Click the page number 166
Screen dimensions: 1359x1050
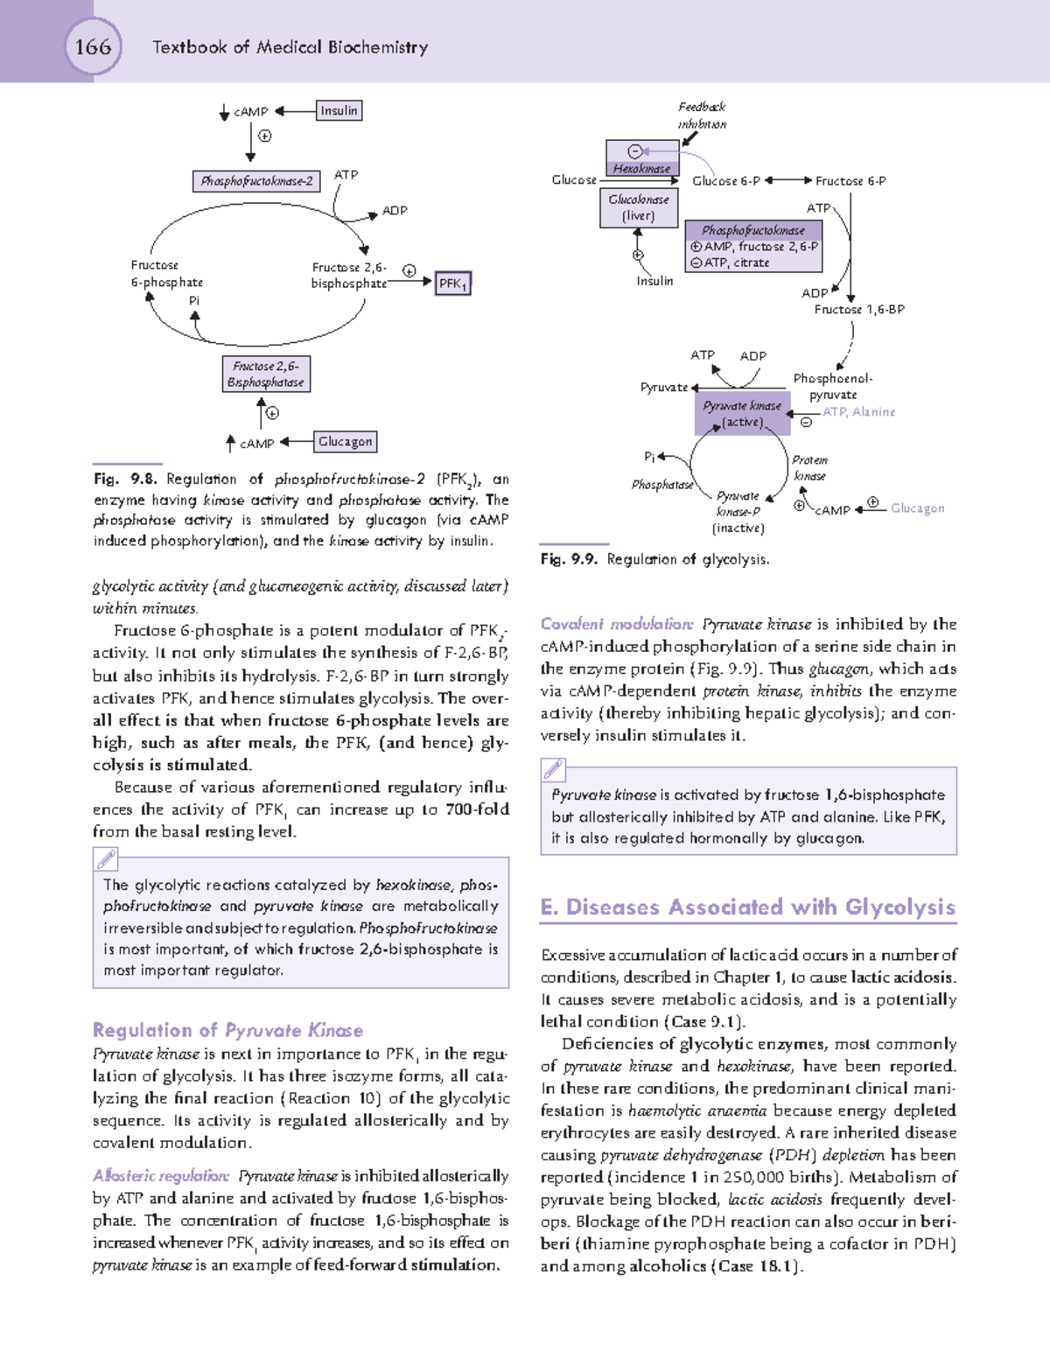coord(93,46)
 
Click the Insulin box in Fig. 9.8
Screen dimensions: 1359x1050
coord(339,111)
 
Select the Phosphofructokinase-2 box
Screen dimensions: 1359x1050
coord(256,181)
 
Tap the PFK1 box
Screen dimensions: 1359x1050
coord(452,284)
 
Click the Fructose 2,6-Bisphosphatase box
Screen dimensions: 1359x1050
coord(266,375)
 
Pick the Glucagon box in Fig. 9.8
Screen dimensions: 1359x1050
coord(345,442)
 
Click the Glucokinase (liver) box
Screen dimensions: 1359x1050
coord(638,207)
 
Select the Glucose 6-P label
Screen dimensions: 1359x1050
coord(725,181)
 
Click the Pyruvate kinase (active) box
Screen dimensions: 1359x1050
coord(742,413)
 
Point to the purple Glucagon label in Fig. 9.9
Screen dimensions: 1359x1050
coord(917,508)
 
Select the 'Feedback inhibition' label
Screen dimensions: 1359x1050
coord(702,116)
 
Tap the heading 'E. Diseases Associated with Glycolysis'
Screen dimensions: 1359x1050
coord(747,907)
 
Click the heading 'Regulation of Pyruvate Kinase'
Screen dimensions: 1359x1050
coord(227,1030)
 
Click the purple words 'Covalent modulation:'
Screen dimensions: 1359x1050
coord(617,624)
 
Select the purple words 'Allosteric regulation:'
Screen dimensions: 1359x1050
coord(161,1176)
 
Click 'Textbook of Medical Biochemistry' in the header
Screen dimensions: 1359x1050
coord(290,47)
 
